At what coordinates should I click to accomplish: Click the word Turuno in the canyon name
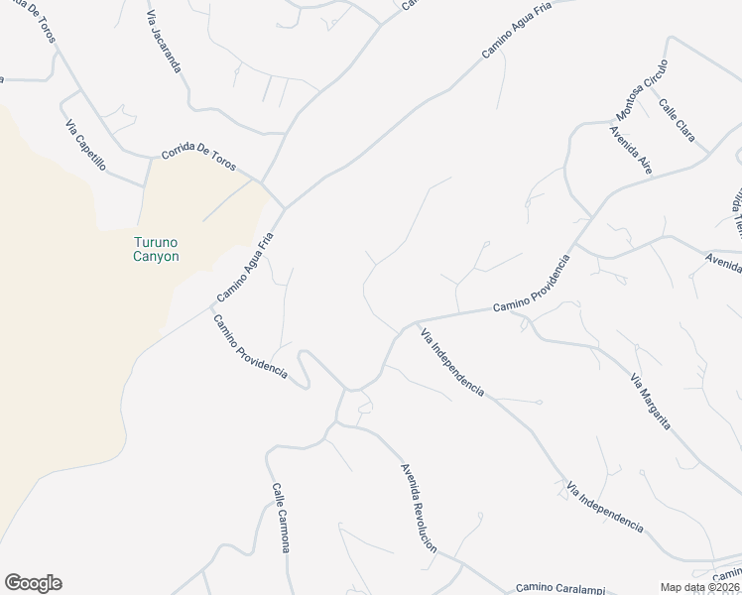(157, 242)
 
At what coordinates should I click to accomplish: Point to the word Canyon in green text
(157, 256)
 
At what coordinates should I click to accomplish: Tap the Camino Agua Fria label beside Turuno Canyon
(243, 268)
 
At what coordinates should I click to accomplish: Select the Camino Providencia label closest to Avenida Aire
(532, 284)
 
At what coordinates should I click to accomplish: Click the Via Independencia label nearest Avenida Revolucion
(451, 362)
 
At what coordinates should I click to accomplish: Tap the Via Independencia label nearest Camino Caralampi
(604, 508)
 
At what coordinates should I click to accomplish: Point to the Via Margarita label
(651, 402)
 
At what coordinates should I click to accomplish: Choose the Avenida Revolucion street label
(418, 507)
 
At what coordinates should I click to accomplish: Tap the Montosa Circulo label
(643, 86)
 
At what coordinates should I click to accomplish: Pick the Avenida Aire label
(631, 150)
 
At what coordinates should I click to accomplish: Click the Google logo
(33, 583)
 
